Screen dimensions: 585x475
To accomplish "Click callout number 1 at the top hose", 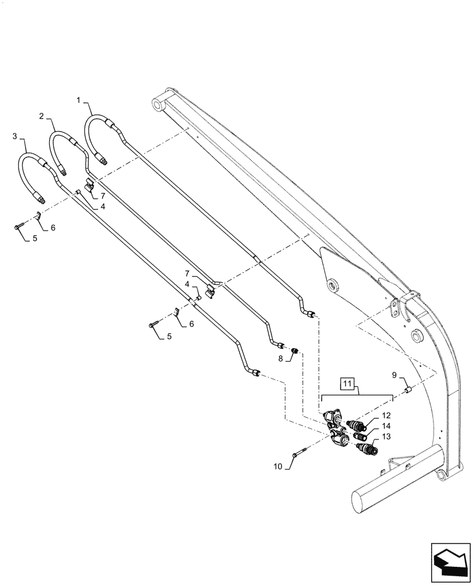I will tap(78, 100).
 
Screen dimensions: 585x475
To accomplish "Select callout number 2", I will tap(42, 116).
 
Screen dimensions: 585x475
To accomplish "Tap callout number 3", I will tap(15, 136).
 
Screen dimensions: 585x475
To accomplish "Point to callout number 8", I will tap(280, 358).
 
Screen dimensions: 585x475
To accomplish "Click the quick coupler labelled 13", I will tap(367, 450).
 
